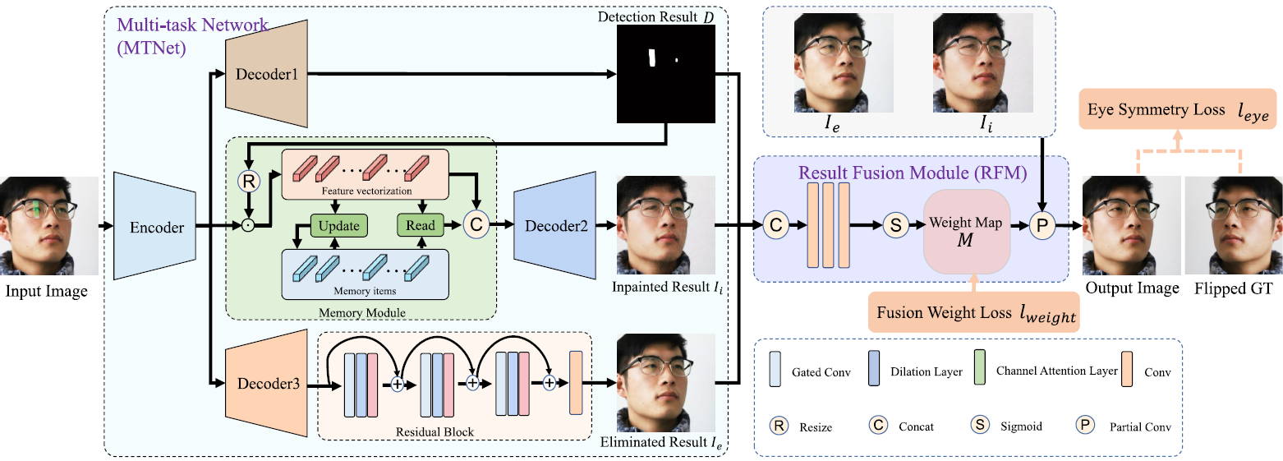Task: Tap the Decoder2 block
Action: (554, 224)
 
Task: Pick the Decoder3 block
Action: (266, 383)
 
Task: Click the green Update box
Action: (339, 224)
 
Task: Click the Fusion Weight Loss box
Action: (973, 313)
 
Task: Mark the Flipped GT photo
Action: (1233, 224)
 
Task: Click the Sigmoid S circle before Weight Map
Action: (894, 224)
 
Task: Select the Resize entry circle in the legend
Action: (777, 426)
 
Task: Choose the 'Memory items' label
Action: (364, 290)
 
